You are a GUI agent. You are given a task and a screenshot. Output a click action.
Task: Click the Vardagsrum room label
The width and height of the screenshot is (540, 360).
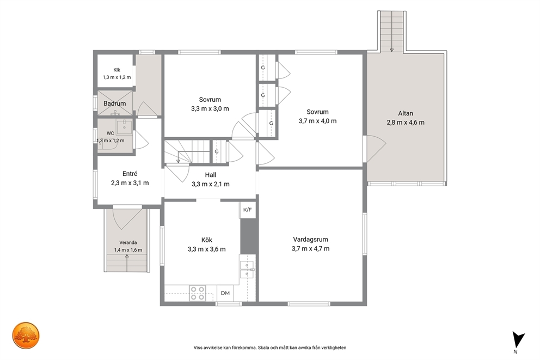click(x=310, y=240)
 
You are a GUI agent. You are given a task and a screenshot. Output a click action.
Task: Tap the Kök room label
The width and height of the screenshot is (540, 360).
click(x=207, y=240)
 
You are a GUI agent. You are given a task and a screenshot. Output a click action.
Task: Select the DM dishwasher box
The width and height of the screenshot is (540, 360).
click(x=225, y=293)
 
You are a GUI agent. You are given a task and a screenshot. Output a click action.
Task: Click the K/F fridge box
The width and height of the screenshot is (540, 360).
click(x=248, y=210)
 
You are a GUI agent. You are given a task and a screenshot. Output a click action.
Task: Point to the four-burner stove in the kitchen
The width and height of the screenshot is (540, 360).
click(x=198, y=293)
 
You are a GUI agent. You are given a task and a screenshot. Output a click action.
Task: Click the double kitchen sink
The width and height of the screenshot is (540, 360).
click(x=247, y=270)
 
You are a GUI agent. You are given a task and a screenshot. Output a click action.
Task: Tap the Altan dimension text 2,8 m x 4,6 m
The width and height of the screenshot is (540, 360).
click(x=406, y=123)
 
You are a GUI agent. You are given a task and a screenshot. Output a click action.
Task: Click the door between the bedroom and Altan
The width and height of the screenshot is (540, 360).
click(x=374, y=149)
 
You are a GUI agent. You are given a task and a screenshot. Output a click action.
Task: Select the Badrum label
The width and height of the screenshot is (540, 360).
click(x=115, y=103)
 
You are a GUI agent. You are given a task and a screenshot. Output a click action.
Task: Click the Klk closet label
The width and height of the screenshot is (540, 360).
click(x=116, y=70)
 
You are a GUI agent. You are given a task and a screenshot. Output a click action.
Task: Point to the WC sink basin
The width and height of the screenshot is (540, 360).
click(x=124, y=127)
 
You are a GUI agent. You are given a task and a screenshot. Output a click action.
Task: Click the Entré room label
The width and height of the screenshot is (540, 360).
click(x=130, y=174)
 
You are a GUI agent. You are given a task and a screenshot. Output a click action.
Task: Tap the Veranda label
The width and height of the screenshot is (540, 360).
click(x=128, y=242)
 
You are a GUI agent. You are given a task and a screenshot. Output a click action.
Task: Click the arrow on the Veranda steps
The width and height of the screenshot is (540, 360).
click(x=127, y=263)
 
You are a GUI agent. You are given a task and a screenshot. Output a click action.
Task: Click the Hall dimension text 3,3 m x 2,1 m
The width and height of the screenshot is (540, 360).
click(x=211, y=184)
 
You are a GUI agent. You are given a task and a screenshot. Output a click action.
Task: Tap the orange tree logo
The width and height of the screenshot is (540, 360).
click(x=26, y=335)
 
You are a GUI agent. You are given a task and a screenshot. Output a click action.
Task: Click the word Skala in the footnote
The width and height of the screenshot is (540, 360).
click(x=265, y=348)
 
